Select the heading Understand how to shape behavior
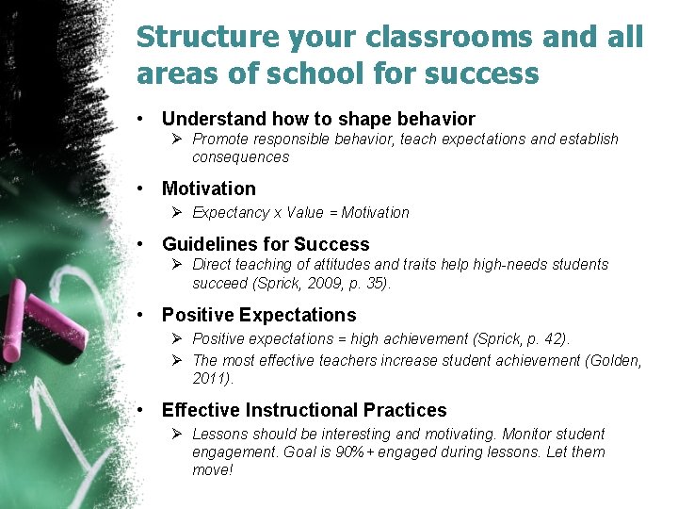[318, 119]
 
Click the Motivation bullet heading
[209, 189]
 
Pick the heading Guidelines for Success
[266, 245]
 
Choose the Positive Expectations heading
[259, 315]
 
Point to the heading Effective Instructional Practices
[304, 410]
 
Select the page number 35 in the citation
[374, 283]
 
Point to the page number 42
[553, 338]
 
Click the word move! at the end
[212, 470]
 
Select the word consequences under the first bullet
[240, 157]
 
